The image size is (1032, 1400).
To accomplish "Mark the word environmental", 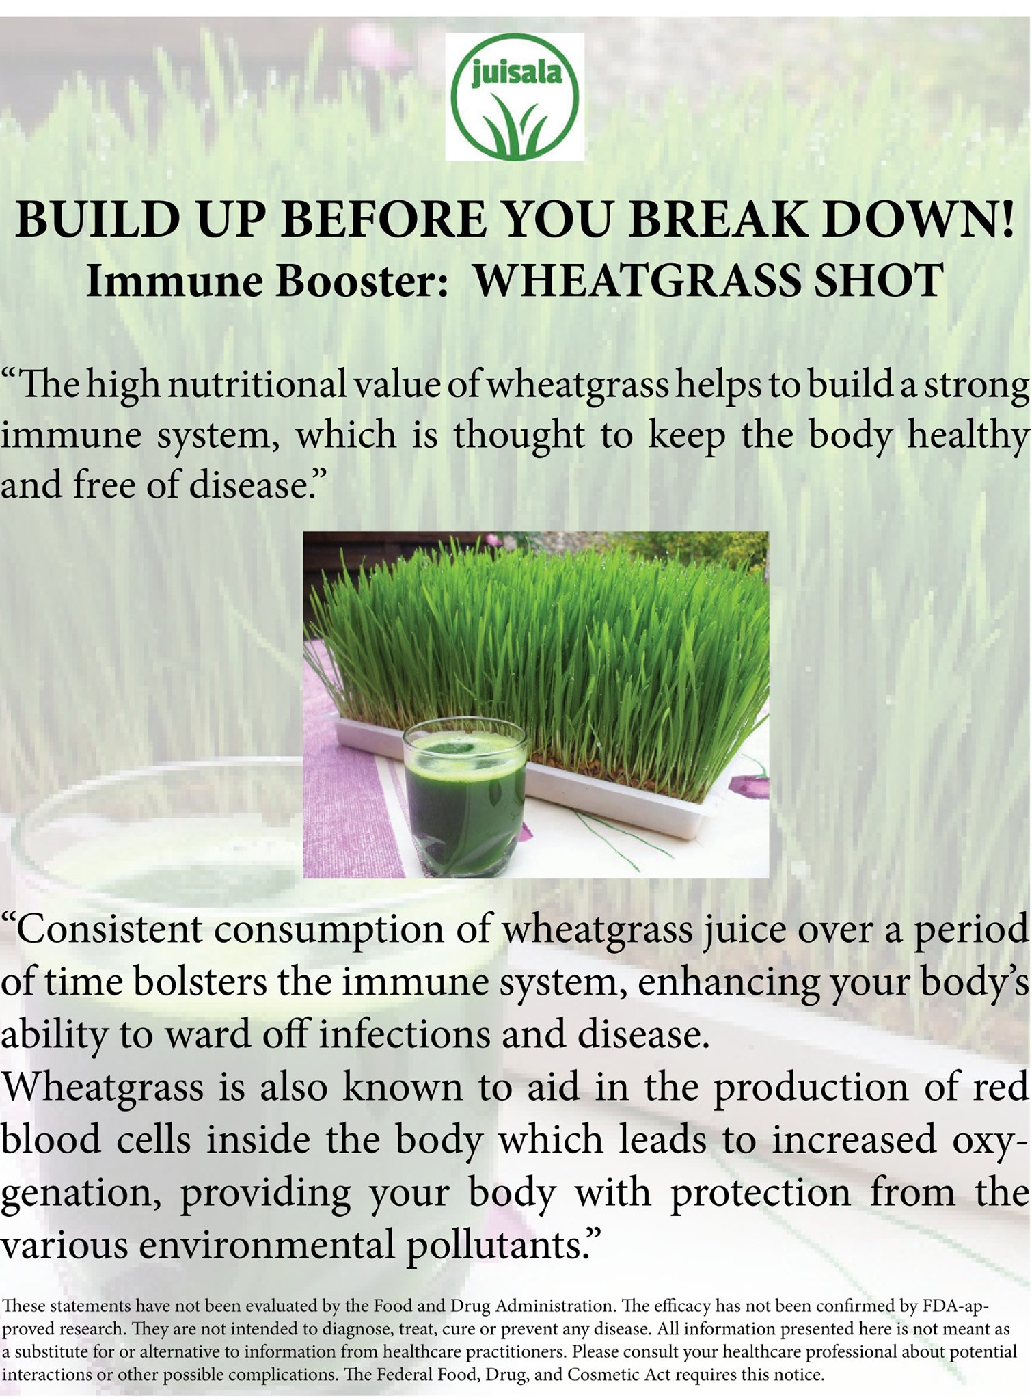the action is coord(267,1245).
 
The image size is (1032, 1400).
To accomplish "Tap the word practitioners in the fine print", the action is coord(520,1352).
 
